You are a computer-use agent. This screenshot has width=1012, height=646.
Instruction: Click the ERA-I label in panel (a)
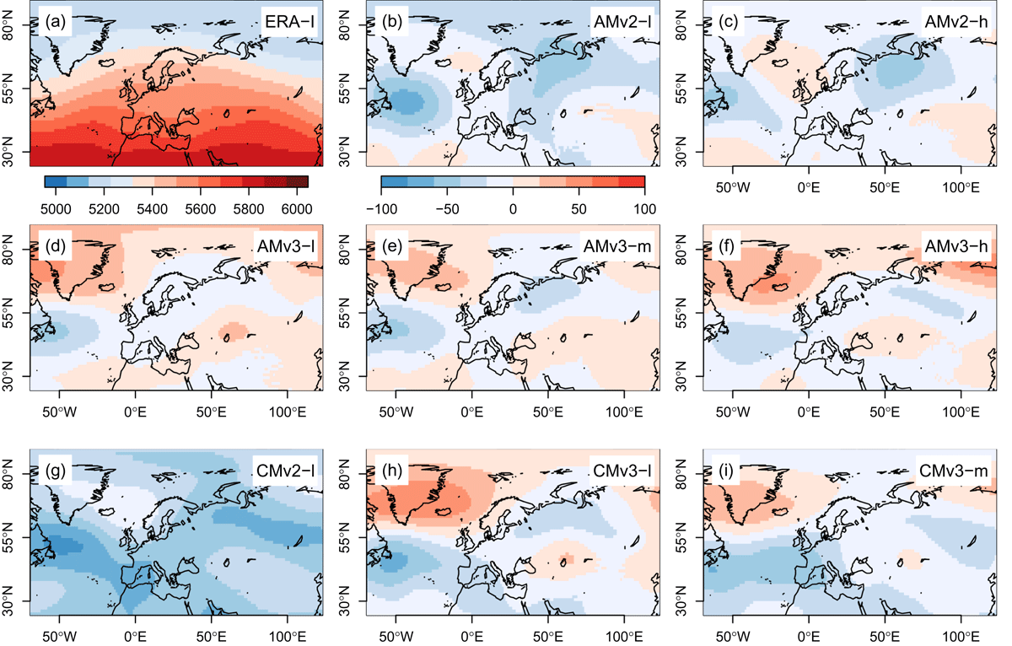[289, 22]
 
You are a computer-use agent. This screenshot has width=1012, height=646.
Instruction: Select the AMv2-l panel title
[622, 22]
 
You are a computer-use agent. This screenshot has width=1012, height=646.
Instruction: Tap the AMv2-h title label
[956, 22]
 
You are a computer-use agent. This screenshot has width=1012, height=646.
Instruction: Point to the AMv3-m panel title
[617, 246]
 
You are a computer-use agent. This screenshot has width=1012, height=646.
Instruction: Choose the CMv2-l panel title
[286, 471]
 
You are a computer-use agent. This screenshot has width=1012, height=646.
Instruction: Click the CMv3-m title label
[953, 471]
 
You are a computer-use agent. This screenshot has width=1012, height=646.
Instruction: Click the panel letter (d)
[56, 246]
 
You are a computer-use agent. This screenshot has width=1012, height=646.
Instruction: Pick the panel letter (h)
[391, 471]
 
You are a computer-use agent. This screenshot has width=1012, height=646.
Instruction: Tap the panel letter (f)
[726, 246]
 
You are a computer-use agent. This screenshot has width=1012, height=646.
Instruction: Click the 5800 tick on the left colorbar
[249, 209]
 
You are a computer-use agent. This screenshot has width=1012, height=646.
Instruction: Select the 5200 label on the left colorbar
[104, 209]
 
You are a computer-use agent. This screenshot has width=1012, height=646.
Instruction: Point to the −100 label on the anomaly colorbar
[381, 209]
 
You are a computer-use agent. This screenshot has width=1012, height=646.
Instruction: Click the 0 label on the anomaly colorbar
[513, 209]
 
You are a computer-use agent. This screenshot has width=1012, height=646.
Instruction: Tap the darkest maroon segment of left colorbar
[297, 181]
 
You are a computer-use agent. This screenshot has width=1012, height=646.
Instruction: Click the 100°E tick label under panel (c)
[961, 187]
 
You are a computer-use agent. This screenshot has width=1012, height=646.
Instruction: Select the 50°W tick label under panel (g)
[59, 637]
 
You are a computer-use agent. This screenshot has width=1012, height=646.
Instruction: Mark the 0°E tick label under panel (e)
[471, 412]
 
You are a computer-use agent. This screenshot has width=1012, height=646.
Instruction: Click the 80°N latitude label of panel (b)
[344, 25]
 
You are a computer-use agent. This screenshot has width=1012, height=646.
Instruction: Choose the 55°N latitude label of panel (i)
[681, 537]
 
